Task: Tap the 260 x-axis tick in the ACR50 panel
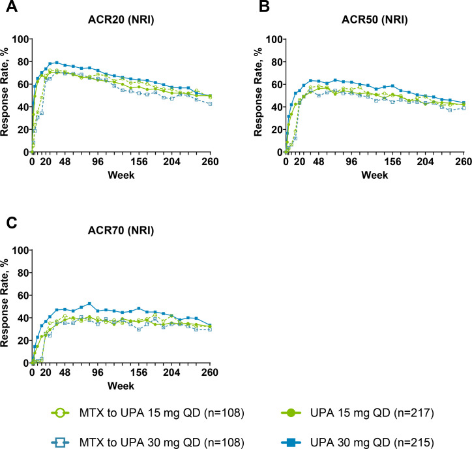click(x=464, y=162)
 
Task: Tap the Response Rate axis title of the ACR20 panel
click(x=6, y=95)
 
